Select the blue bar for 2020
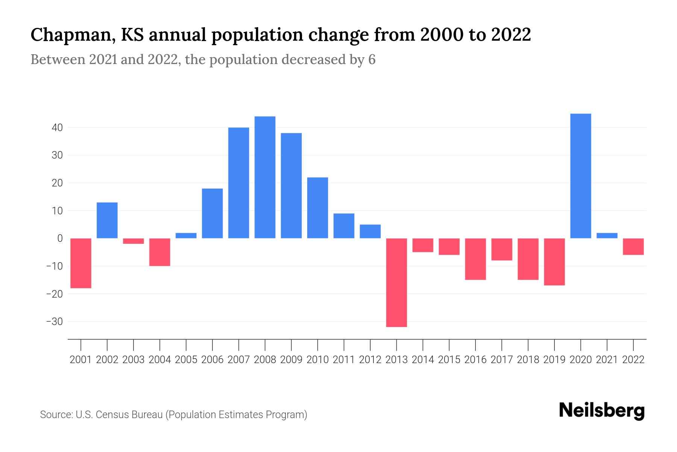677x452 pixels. pyautogui.click(x=581, y=176)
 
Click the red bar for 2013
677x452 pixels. pyautogui.click(x=396, y=282)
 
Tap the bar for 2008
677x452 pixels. pyautogui.click(x=265, y=177)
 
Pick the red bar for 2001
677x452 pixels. pyautogui.click(x=81, y=263)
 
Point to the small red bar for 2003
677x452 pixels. pyautogui.click(x=134, y=241)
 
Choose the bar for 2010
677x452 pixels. pyautogui.click(x=317, y=208)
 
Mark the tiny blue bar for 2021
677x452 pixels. pyautogui.click(x=607, y=236)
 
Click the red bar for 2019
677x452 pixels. pyautogui.click(x=554, y=262)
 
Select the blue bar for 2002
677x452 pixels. pyautogui.click(x=107, y=220)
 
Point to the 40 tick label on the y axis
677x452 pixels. pyautogui.click(x=57, y=128)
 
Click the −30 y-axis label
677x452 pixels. pyautogui.click(x=54, y=322)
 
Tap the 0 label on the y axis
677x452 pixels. pyautogui.click(x=60, y=238)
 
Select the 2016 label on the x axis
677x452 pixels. pyautogui.click(x=475, y=360)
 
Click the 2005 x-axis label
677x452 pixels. pyautogui.click(x=186, y=360)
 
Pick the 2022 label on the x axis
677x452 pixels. pyautogui.click(x=633, y=360)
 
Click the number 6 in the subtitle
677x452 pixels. pyautogui.click(x=372, y=60)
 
